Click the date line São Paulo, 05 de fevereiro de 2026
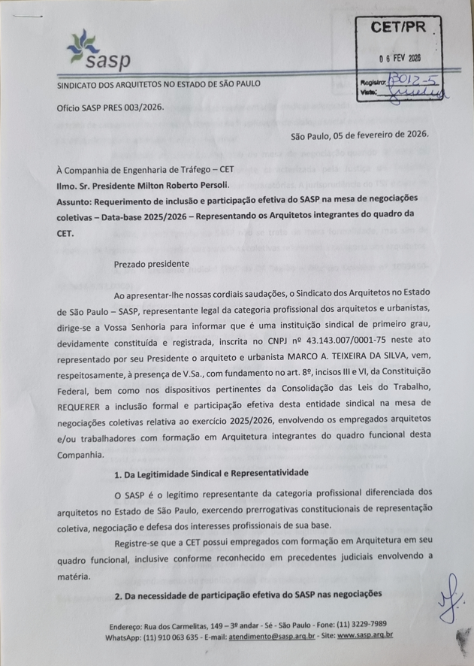(359, 134)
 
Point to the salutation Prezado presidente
(152, 264)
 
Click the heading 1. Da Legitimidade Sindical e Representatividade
(212, 474)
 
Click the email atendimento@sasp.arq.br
(275, 636)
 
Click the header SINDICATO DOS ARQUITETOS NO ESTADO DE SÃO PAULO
(159, 84)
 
